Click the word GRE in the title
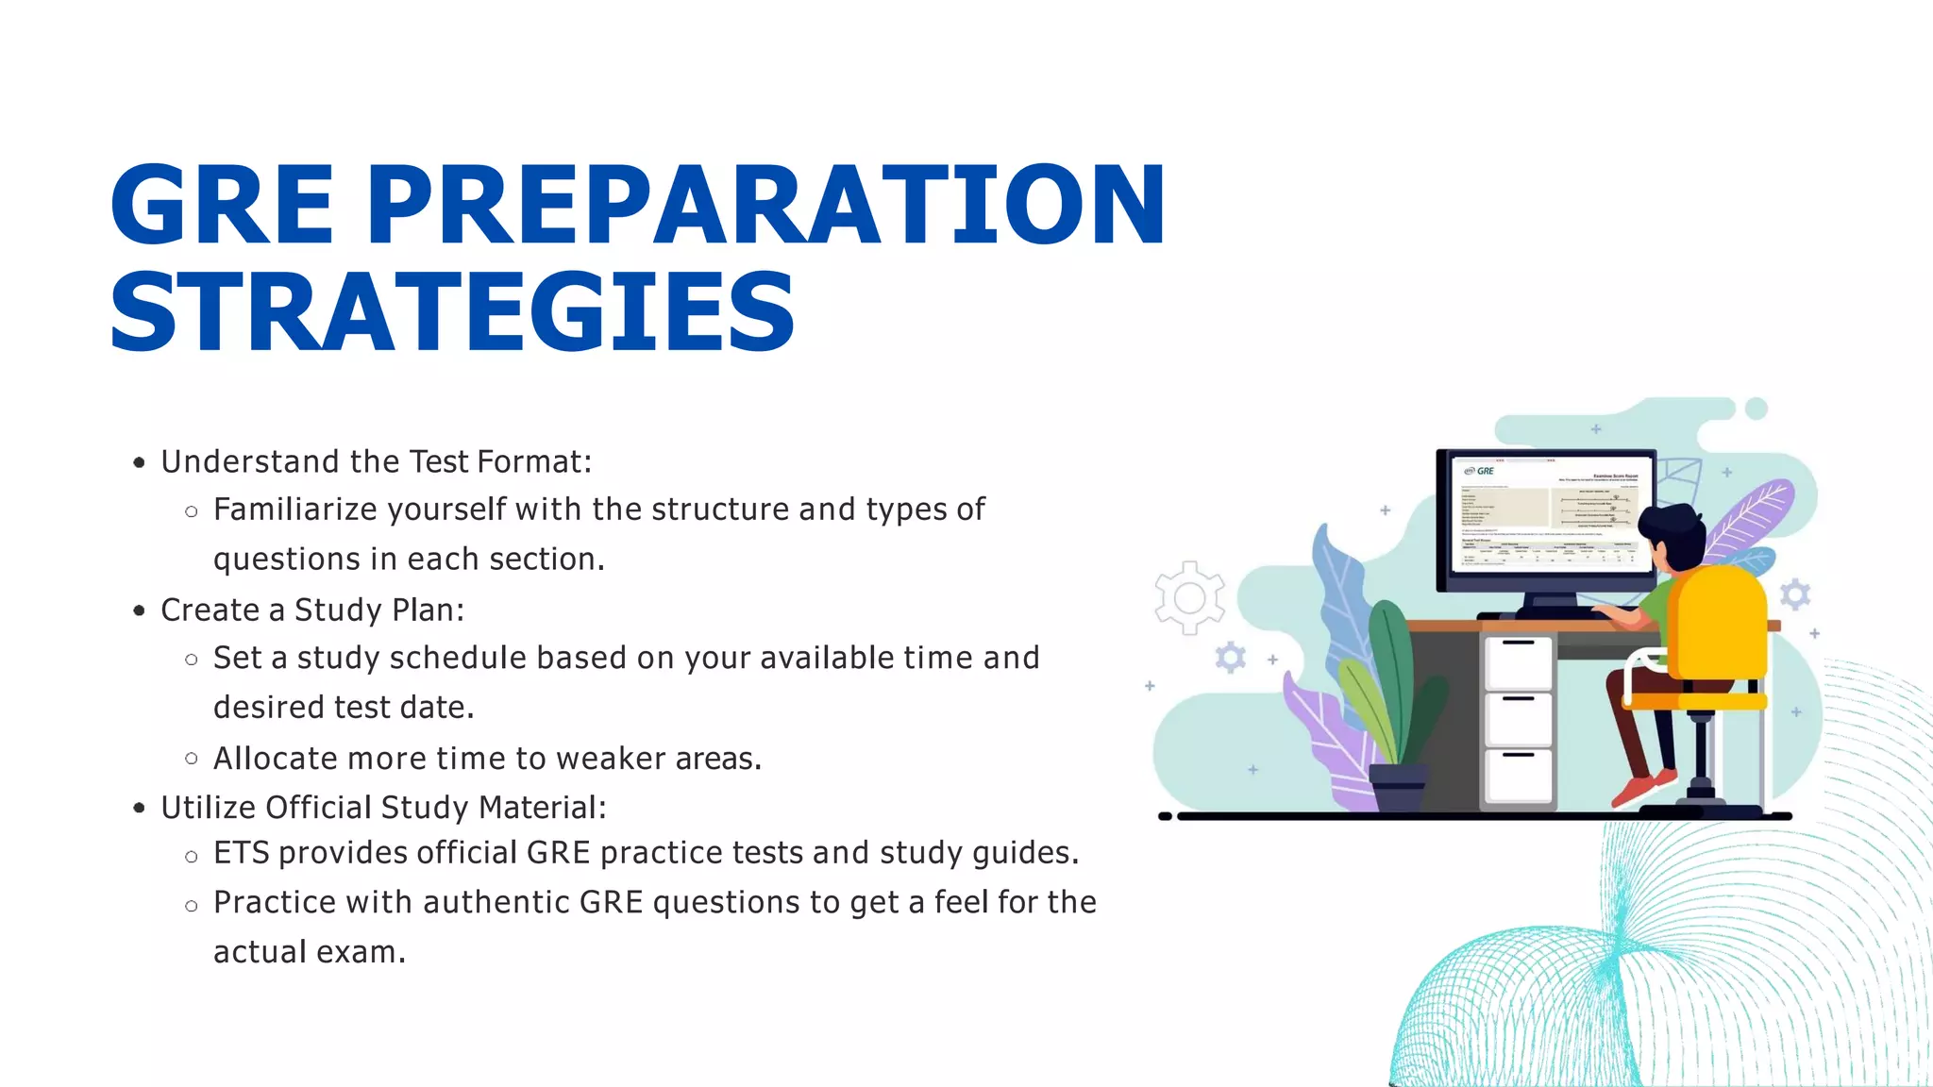coord(223,205)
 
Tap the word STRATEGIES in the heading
coord(453,312)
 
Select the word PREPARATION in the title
coord(765,205)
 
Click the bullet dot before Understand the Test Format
coord(140,462)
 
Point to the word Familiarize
coord(294,510)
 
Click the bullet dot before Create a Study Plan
coord(140,610)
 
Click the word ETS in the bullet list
coord(241,853)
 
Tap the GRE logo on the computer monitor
coord(1480,471)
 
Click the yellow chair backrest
coord(1718,623)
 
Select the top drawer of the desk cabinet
coord(1518,662)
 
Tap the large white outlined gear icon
coord(1189,598)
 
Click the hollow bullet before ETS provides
coord(192,857)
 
